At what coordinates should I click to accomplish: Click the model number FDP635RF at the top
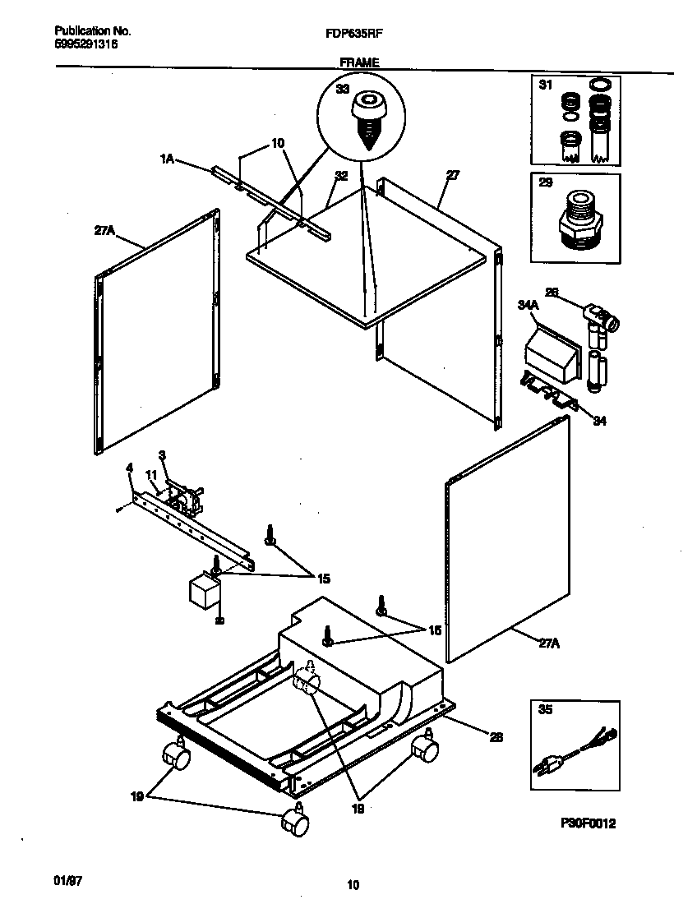click(360, 35)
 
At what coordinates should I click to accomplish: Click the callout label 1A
click(167, 160)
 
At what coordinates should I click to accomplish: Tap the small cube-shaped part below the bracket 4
click(202, 592)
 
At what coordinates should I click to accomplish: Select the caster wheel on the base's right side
click(425, 748)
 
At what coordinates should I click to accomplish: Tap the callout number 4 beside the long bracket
click(129, 468)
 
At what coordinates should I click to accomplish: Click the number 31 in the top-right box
click(546, 85)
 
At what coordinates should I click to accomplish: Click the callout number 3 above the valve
click(162, 454)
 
